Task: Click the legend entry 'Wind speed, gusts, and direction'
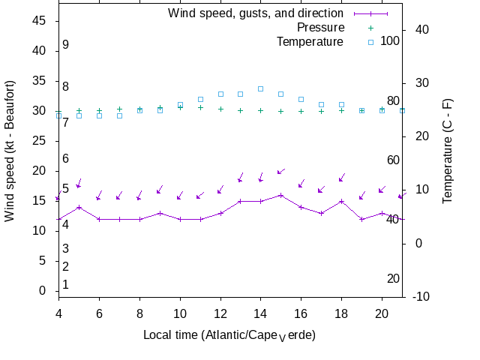tap(255, 13)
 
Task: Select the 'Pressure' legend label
tap(310, 28)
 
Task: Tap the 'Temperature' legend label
tap(310, 41)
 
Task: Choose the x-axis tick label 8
tap(139, 313)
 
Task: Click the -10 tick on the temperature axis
tap(421, 297)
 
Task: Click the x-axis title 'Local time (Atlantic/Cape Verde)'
tap(229, 334)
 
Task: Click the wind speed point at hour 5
tap(79, 207)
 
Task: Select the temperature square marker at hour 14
tap(261, 88)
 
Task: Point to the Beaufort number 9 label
tap(66, 45)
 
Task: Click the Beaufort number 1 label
tap(66, 285)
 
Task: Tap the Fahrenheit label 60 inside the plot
tap(393, 160)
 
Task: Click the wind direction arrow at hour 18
tap(342, 178)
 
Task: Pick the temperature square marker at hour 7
tap(119, 115)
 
